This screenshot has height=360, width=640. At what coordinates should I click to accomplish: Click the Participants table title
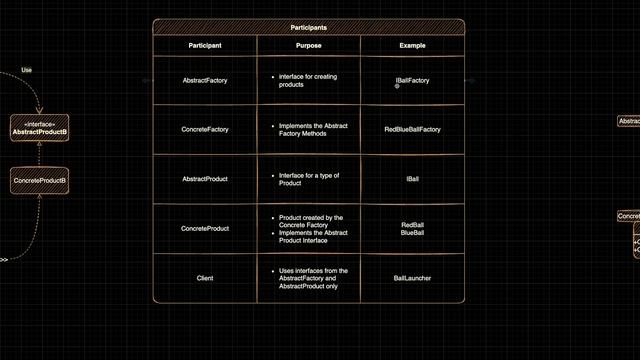tap(308, 28)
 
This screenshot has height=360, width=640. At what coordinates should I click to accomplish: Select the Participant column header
tap(205, 46)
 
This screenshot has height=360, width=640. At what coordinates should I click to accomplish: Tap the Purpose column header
tap(309, 46)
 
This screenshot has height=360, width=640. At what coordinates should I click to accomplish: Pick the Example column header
tap(412, 46)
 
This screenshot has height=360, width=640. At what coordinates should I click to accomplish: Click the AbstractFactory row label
tap(205, 80)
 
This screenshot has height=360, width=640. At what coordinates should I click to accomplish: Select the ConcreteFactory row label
tap(205, 129)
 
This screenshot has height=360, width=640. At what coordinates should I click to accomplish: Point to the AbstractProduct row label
tap(205, 179)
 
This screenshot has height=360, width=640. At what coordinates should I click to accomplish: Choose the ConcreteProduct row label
tap(205, 228)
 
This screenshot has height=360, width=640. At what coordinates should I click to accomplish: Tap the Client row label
tap(205, 278)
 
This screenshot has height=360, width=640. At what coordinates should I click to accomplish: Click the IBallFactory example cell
tap(412, 80)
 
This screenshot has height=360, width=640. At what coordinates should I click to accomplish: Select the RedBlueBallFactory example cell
tap(412, 129)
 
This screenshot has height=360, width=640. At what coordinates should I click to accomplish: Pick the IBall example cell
tap(412, 179)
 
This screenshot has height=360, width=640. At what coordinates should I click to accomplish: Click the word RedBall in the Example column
tap(412, 224)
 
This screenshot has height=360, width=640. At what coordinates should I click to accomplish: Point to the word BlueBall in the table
tap(412, 233)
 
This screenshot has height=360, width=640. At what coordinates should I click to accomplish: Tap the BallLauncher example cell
tap(412, 278)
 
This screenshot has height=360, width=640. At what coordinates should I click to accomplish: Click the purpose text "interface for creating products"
tap(305, 80)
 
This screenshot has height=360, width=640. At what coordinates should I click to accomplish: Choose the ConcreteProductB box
tap(39, 180)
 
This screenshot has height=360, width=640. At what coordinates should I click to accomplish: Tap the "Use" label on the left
tap(27, 70)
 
